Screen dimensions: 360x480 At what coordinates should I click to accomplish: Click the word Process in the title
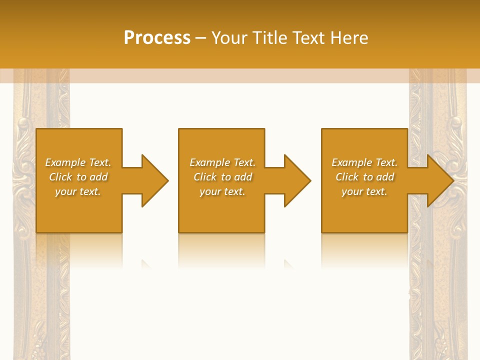[x=157, y=38]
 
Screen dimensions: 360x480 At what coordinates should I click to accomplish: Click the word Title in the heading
[x=269, y=38]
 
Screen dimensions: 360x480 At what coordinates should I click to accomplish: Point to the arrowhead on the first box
[x=154, y=180]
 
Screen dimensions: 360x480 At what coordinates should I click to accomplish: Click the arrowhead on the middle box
[x=297, y=180]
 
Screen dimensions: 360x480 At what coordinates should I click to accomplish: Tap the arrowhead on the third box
[x=440, y=180]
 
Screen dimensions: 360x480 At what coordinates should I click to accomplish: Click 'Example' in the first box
[x=65, y=162]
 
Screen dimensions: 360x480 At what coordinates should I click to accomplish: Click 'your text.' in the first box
[x=78, y=191]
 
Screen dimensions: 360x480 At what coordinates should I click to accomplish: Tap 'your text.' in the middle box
[x=222, y=191]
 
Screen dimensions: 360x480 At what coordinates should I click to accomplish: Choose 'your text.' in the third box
[x=364, y=191]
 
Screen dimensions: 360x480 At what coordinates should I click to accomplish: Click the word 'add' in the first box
[x=99, y=177]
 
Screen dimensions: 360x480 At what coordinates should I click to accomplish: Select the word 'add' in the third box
[x=385, y=177]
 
